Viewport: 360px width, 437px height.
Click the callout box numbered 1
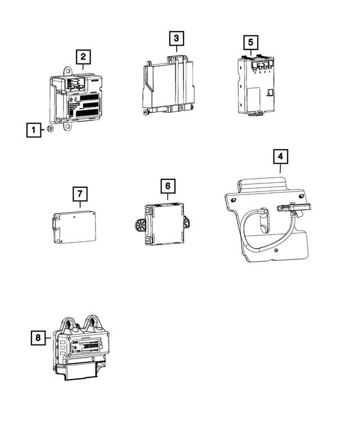(34, 130)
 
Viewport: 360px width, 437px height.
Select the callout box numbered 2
(83, 56)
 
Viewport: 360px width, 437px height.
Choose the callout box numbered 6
(168, 185)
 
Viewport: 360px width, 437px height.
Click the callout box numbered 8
(38, 337)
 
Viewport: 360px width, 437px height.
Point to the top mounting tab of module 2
(67, 71)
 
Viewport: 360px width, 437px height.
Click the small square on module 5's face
(271, 92)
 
